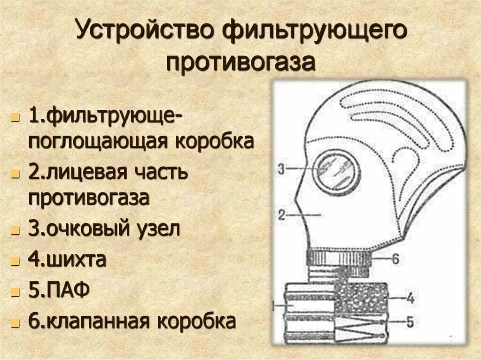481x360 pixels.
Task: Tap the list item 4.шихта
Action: (67, 260)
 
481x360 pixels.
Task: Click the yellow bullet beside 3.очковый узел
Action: (16, 231)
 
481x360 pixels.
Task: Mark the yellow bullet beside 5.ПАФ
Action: (16, 292)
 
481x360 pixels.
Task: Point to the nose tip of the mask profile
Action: (295, 198)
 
